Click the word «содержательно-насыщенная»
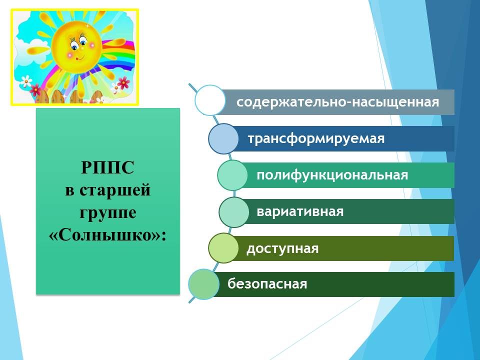[x=337, y=102]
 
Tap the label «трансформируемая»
[x=316, y=138]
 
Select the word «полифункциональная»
[x=332, y=175]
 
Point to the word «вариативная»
[x=300, y=211]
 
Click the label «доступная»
[x=282, y=248]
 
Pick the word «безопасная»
[x=267, y=284]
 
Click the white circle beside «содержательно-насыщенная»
[x=210, y=100]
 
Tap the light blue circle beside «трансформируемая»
[x=223, y=138]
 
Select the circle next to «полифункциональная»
[x=232, y=175]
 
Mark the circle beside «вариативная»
[x=234, y=212]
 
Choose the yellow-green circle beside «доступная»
[x=223, y=248]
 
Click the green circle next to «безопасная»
[x=203, y=284]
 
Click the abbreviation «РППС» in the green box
[x=108, y=167]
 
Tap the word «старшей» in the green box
[x=115, y=190]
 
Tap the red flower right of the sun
[x=123, y=82]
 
